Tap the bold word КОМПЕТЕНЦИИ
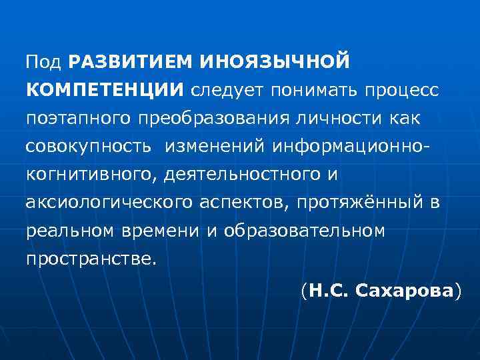tap(105, 90)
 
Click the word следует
tap(224, 90)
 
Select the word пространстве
tap(91, 259)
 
